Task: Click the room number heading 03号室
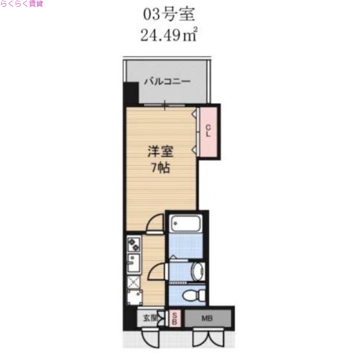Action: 169,14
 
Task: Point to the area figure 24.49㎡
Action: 169,35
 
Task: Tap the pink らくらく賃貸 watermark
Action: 22,4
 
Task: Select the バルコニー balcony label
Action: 167,82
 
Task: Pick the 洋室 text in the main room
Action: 160,152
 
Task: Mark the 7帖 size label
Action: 160,168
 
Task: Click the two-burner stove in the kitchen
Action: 134,245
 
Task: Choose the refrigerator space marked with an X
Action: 133,282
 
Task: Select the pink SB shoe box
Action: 175,319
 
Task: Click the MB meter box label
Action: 207,319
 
